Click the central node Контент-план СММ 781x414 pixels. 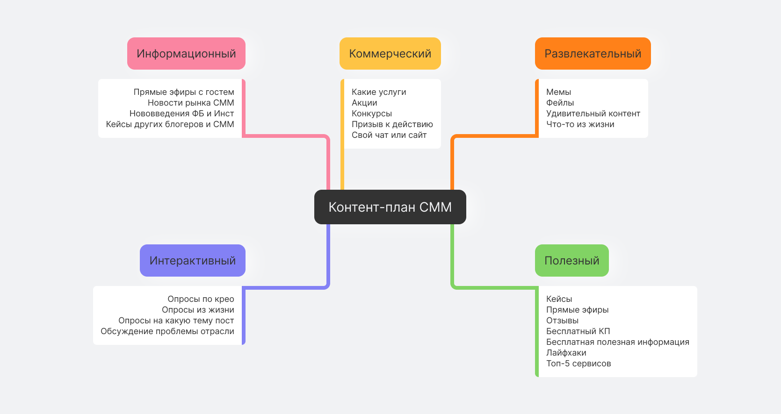coord(390,207)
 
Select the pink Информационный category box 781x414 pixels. coord(186,54)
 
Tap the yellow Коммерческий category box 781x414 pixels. coord(390,54)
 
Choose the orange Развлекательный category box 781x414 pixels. coord(593,54)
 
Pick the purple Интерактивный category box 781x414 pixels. coord(192,261)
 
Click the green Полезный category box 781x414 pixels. coord(571,261)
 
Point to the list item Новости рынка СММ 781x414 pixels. coord(191,103)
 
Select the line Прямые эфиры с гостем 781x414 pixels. coord(184,92)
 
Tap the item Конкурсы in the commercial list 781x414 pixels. coord(372,114)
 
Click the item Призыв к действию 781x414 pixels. coord(392,124)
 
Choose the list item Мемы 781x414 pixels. coord(558,92)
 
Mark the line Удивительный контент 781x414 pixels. coord(593,114)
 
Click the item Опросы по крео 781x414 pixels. coord(201,299)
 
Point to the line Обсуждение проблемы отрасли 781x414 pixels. coord(167,331)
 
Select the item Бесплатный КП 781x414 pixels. coord(578,331)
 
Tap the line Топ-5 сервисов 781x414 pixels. coord(579,364)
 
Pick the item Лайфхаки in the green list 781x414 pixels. coord(566,353)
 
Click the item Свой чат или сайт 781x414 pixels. coord(389,135)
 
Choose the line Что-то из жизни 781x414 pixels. coord(580,124)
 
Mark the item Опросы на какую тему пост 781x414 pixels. coord(176,321)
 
